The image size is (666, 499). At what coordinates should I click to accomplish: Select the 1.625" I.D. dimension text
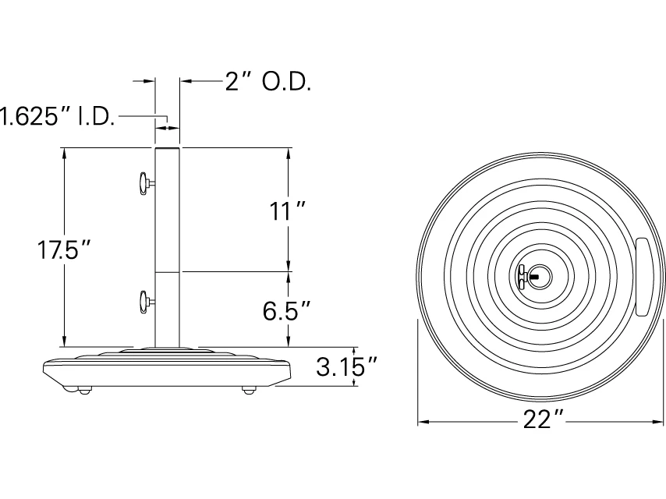click(x=56, y=117)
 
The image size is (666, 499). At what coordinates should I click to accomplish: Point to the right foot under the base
click(x=249, y=389)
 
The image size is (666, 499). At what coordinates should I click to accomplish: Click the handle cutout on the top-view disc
click(x=646, y=276)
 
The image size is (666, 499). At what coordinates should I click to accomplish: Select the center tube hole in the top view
click(x=541, y=275)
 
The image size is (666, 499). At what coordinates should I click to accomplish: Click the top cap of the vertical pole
click(x=168, y=147)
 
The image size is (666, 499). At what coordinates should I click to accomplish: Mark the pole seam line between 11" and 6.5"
click(x=168, y=271)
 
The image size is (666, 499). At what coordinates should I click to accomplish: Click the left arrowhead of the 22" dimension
click(x=422, y=422)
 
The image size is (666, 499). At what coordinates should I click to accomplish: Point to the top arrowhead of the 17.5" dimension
click(x=65, y=151)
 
